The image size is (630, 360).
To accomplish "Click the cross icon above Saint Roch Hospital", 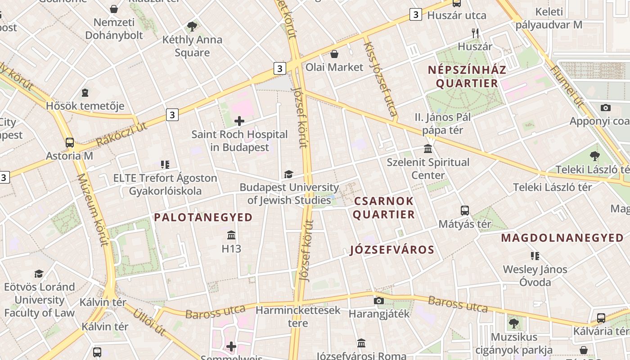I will click(x=239, y=121).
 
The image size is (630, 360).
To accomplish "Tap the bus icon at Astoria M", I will click(x=70, y=143).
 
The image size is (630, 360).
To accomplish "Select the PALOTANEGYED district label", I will click(x=203, y=218).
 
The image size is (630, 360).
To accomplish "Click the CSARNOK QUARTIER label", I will click(x=383, y=207).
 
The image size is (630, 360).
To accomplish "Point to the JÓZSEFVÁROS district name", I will click(x=392, y=250).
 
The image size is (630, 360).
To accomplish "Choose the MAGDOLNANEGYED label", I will click(x=562, y=238).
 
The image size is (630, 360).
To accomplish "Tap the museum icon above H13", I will click(x=231, y=235).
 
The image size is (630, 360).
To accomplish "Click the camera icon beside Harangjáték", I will click(x=379, y=301).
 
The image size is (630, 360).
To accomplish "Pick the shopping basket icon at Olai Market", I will click(x=334, y=54).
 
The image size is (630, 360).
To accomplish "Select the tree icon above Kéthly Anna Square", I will click(x=192, y=27).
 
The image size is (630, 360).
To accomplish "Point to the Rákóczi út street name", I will click(x=121, y=134).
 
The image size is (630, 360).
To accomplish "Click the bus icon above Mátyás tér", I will click(x=464, y=210).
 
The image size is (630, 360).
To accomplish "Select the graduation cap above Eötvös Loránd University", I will click(x=39, y=274).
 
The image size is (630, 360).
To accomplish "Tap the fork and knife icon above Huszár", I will click(x=475, y=32).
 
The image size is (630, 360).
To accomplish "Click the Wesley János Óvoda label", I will click(x=535, y=276).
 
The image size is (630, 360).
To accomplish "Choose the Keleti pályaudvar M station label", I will click(x=549, y=18).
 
